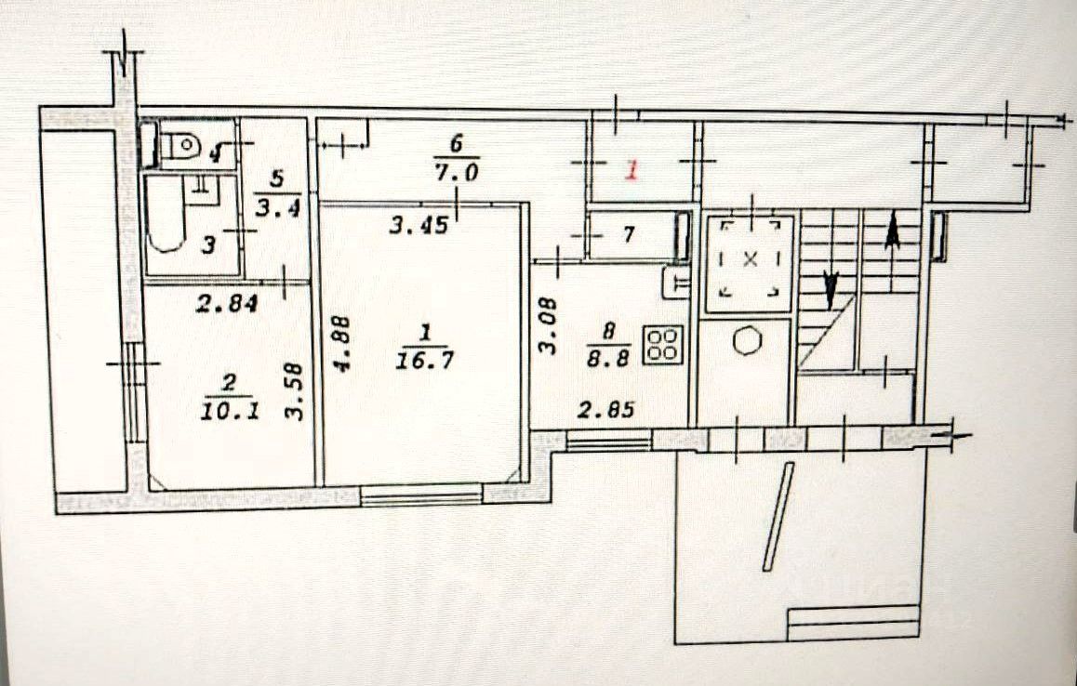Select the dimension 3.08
tap(548, 325)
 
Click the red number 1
tap(632, 171)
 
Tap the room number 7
tap(627, 235)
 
